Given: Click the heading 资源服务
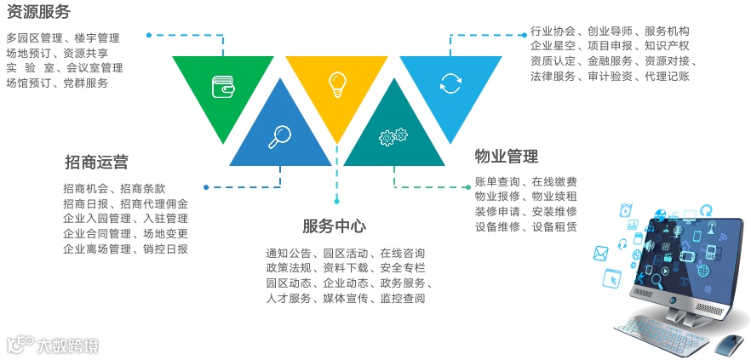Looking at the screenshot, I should pos(38,12).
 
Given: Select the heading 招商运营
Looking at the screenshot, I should pos(96,162).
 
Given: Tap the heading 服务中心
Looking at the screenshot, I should pos(334,226).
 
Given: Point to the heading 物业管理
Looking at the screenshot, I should pos(507,157).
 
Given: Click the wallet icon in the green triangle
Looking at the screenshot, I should pos(224,86).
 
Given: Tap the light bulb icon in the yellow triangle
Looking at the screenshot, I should pos(337,83).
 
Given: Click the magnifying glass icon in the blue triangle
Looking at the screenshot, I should pos(280,135).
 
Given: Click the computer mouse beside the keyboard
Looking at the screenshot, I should pos(727,344).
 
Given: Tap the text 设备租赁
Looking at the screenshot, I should pos(554,227).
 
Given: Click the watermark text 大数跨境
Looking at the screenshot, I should pos(67,346).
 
